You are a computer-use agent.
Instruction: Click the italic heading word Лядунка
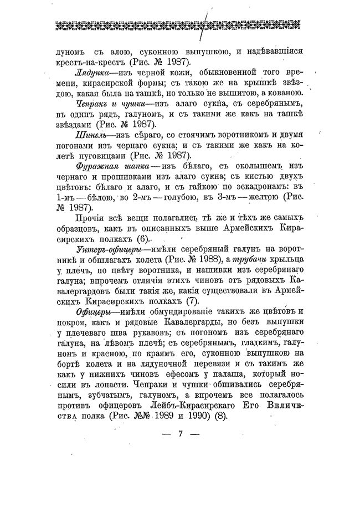(x=91, y=73)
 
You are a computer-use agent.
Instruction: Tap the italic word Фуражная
(x=95, y=166)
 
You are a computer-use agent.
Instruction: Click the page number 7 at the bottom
(x=180, y=434)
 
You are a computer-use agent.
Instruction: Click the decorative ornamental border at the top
(x=180, y=25)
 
